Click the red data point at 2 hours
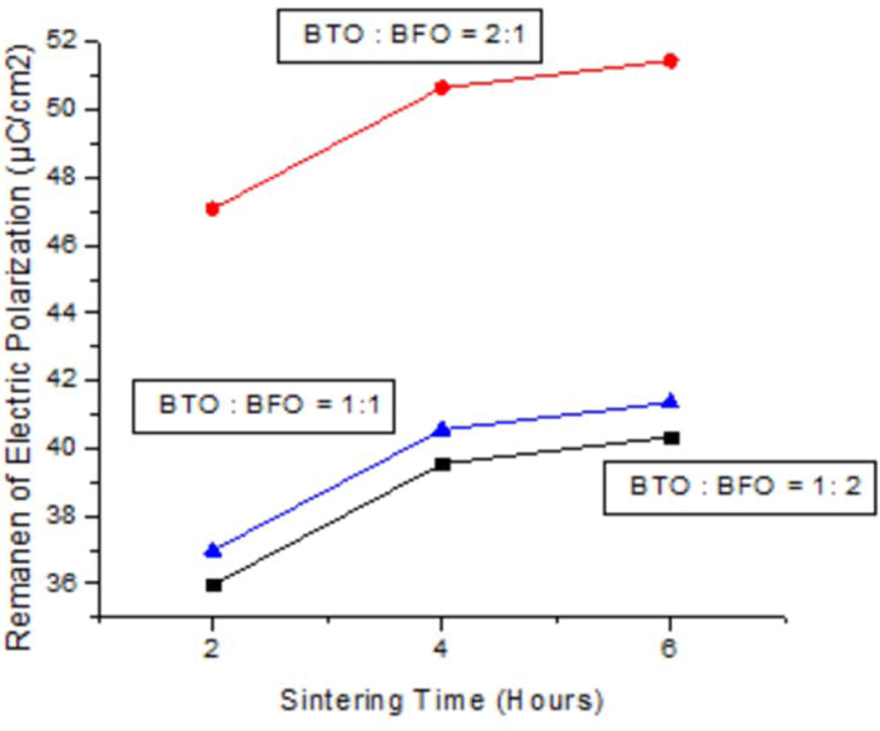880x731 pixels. click(x=212, y=209)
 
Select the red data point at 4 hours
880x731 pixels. click(x=442, y=87)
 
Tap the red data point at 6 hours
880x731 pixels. click(x=670, y=61)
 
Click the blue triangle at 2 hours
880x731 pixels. click(x=214, y=550)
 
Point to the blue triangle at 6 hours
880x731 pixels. click(x=670, y=401)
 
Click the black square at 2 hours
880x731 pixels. click(x=214, y=585)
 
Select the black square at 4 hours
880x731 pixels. click(x=442, y=464)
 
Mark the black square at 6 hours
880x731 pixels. click(x=671, y=438)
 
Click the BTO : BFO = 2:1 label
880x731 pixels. click(x=410, y=36)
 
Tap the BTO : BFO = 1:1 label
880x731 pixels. click(x=264, y=406)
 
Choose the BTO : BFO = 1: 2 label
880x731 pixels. click(x=740, y=488)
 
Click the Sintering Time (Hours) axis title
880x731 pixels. click(x=441, y=701)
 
